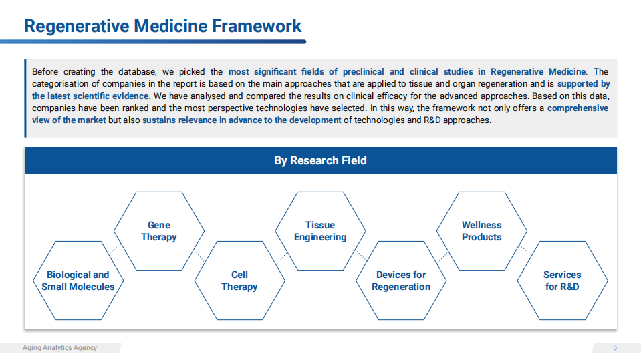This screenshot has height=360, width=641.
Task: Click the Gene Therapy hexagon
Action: coord(159,231)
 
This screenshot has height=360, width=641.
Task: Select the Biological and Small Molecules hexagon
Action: coord(78,281)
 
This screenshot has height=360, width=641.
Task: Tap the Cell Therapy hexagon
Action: coord(239,281)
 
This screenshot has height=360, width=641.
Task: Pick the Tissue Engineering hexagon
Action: coord(321,231)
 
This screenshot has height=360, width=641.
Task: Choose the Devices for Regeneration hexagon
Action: coord(401,281)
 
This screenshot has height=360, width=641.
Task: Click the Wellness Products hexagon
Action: coord(482,231)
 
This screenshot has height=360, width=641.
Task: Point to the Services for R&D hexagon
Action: coord(563,281)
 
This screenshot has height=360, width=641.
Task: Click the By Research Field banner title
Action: coord(321,160)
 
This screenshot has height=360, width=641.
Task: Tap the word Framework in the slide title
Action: coord(257,26)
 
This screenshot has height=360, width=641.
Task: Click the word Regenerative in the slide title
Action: coord(77,27)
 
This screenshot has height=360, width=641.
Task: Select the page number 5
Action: coord(615,348)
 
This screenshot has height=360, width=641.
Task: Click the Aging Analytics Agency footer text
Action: coord(59,348)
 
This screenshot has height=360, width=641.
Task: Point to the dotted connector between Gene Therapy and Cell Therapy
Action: coord(199,256)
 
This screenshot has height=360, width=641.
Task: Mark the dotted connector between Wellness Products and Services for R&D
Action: coord(525,250)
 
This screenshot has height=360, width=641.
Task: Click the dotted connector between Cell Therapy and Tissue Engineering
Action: coord(281,258)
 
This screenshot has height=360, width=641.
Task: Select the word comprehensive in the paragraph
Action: coord(578,108)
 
